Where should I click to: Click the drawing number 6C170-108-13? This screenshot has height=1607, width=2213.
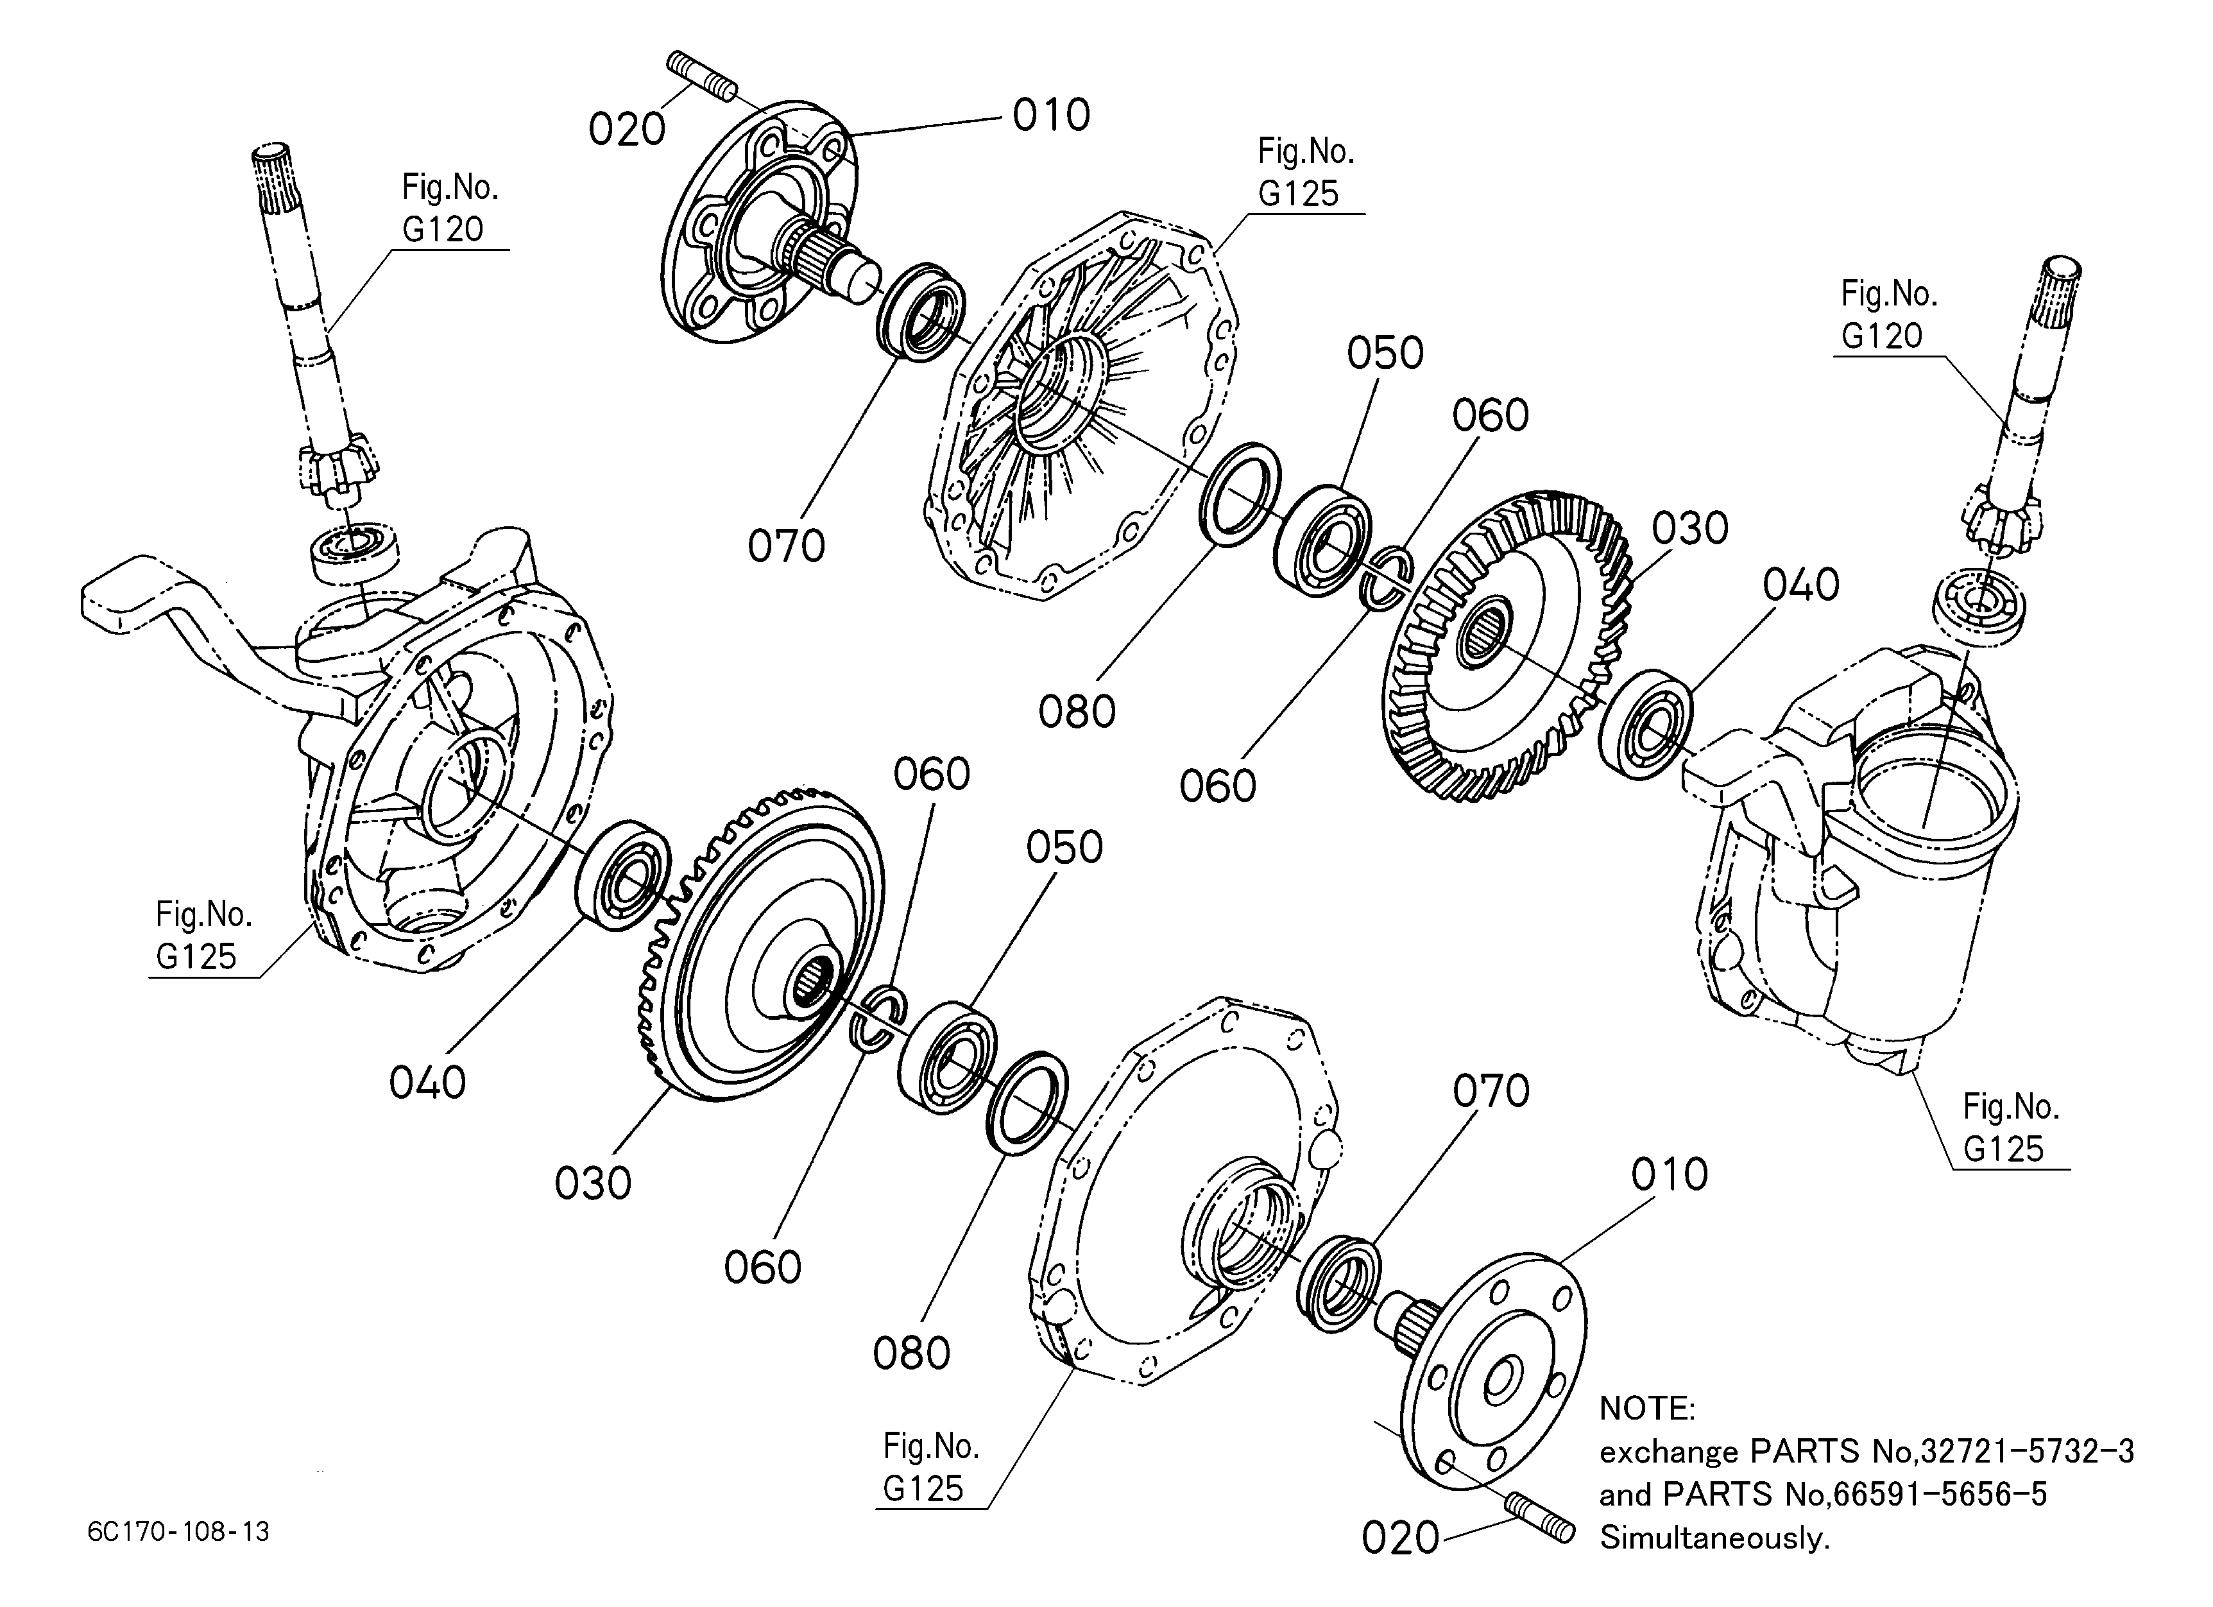pos(178,1531)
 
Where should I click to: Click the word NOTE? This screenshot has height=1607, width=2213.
pos(1647,1408)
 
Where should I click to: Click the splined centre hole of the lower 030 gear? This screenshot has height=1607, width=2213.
pos(813,979)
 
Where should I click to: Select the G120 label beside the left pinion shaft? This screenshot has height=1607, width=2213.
pos(443,229)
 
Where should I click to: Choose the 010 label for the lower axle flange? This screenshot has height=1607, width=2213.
pos(1670,1174)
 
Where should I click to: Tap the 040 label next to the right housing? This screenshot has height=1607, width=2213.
pos(1801,585)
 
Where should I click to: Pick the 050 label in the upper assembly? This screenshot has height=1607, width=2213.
pos(1385,353)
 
